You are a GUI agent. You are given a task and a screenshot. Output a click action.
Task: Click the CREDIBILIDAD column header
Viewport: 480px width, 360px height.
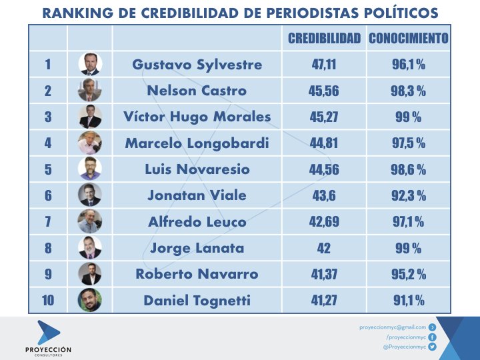tap(324, 39)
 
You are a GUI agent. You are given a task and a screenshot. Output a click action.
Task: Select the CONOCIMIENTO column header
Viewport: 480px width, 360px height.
tap(408, 39)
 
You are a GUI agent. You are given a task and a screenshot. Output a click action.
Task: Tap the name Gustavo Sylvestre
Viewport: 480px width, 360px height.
tap(197, 65)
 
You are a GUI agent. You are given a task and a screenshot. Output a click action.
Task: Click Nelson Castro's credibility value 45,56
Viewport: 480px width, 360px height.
tap(324, 91)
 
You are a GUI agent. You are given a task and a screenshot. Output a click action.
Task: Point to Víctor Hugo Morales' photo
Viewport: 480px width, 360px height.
tap(90, 117)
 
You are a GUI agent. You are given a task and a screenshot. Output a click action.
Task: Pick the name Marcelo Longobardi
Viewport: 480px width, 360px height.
tap(197, 143)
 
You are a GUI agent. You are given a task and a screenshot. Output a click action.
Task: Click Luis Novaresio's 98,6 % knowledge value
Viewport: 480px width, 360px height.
tap(408, 169)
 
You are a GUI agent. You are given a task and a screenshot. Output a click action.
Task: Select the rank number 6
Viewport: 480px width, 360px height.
tap(47, 195)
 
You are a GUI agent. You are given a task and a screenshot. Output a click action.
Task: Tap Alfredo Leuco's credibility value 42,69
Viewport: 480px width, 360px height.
tap(324, 221)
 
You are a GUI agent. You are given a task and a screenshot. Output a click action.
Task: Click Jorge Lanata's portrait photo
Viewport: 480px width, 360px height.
tap(90, 247)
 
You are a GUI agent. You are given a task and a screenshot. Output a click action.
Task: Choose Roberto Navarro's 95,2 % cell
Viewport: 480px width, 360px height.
tap(408, 274)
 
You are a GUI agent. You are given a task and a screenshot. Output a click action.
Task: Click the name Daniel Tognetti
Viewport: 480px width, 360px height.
tap(197, 301)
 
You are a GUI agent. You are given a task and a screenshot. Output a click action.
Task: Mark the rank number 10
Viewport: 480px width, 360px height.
tap(47, 300)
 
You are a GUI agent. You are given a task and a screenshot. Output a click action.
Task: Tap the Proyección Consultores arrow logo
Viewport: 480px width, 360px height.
tap(47, 332)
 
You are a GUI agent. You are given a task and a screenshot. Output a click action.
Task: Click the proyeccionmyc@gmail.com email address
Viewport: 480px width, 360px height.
tap(392, 327)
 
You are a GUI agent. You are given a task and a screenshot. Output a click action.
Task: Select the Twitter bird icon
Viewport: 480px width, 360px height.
tap(432, 347)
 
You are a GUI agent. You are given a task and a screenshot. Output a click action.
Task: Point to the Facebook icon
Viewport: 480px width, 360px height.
tap(432, 337)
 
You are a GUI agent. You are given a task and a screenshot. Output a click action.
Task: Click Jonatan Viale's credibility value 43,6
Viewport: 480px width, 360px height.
tap(324, 195)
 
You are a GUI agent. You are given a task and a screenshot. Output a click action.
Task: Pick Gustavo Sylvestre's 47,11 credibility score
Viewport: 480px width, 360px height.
tap(324, 65)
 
